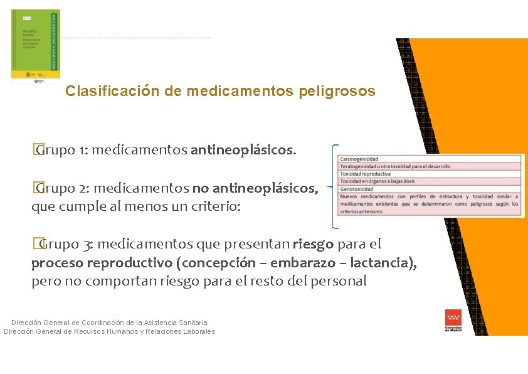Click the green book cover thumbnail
pyautogui.click(x=36, y=46)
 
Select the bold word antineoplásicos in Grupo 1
pyautogui.click(x=242, y=150)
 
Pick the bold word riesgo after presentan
pyautogui.click(x=314, y=243)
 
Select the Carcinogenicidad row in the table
pyautogui.click(x=430, y=159)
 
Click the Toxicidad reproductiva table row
pyautogui.click(x=430, y=174)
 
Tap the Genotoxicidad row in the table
pyautogui.click(x=430, y=188)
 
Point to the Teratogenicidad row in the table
pyautogui.click(x=430, y=166)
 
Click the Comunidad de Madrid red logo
pyautogui.click(x=453, y=320)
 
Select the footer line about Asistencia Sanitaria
pyautogui.click(x=109, y=323)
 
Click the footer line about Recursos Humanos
pyautogui.click(x=109, y=331)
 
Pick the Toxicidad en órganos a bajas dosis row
pyautogui.click(x=430, y=181)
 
